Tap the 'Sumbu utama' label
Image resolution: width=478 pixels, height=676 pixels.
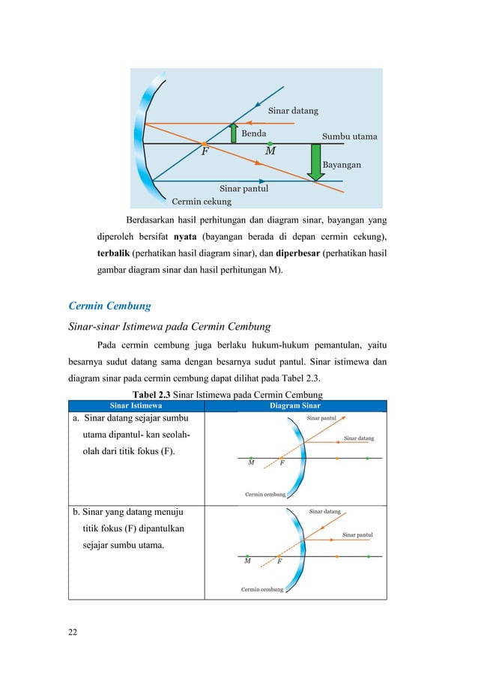[349, 137]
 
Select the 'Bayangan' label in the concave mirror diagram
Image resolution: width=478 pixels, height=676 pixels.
[342, 164]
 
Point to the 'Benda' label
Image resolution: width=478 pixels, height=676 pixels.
[254, 133]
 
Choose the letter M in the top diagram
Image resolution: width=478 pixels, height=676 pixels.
[270, 151]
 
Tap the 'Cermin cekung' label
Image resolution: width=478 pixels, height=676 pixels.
[202, 201]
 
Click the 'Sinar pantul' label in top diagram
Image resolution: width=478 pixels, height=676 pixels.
[243, 189]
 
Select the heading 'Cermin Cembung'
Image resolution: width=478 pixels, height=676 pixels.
[109, 306]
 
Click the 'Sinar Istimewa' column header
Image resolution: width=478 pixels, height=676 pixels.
[136, 405]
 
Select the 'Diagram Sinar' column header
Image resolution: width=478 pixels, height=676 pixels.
[295, 405]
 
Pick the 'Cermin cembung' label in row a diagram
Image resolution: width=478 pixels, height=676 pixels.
[265, 494]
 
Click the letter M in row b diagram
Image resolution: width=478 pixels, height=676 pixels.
[247, 561]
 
